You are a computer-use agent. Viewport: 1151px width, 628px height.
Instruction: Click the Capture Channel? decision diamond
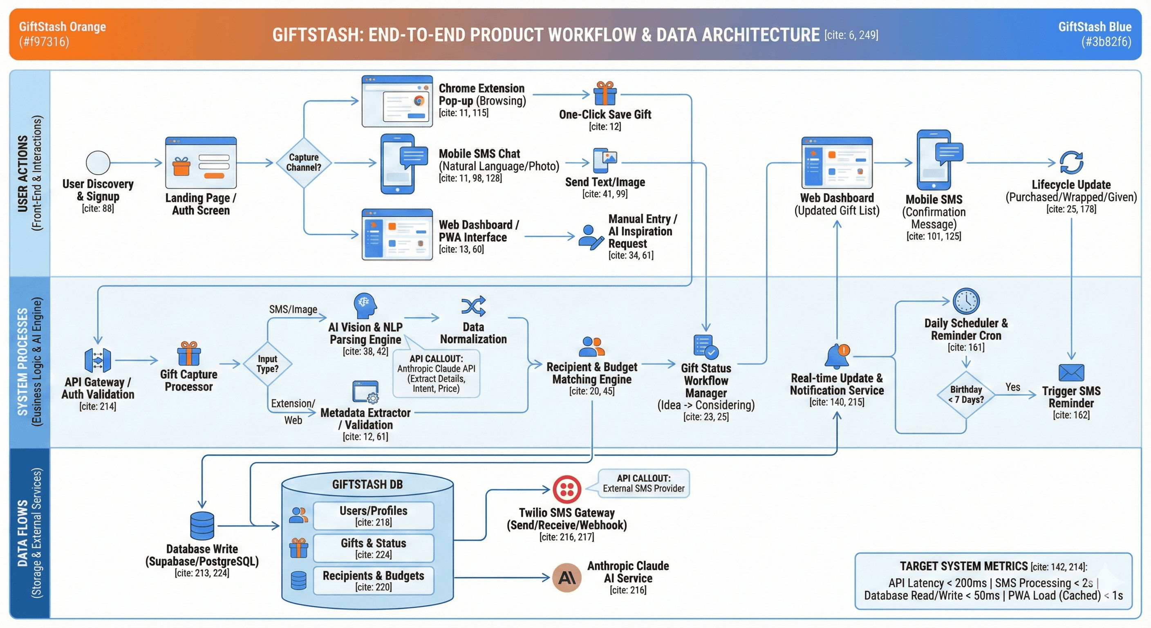[x=304, y=162]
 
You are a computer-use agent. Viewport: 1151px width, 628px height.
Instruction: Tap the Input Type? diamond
[x=267, y=364]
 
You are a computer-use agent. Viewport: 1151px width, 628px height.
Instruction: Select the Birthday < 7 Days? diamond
[x=965, y=394]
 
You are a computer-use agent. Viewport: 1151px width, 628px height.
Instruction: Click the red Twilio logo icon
[x=567, y=489]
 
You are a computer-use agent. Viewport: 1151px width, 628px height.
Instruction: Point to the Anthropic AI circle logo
[x=567, y=577]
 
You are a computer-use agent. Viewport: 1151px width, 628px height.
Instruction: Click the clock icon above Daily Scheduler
[x=965, y=301]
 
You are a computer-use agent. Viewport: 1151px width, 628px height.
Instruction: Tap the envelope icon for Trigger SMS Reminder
[x=1070, y=372]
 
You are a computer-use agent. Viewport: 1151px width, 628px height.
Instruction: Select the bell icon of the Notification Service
[x=836, y=356]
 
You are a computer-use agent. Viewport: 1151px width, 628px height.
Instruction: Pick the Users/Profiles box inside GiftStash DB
[x=373, y=516]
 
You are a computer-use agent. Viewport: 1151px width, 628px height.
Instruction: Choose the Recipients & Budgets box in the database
[x=373, y=580]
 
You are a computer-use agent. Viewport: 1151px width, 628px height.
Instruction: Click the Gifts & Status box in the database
[x=373, y=547]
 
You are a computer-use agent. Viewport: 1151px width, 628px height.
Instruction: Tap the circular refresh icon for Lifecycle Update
[x=1071, y=162]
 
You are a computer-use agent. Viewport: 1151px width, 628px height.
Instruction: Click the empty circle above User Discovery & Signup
[x=98, y=162]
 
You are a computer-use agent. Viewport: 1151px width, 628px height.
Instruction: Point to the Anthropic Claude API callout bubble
[x=436, y=373]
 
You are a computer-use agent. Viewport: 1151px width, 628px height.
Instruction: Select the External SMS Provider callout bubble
[x=643, y=483]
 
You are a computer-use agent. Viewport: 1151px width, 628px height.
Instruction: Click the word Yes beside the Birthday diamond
[x=1012, y=387]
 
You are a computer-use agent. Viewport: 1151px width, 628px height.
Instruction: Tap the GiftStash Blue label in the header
[x=1094, y=27]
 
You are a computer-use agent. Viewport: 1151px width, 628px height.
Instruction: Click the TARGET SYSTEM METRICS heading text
[x=963, y=566]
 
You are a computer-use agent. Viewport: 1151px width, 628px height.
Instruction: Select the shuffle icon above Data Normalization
[x=473, y=306]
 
